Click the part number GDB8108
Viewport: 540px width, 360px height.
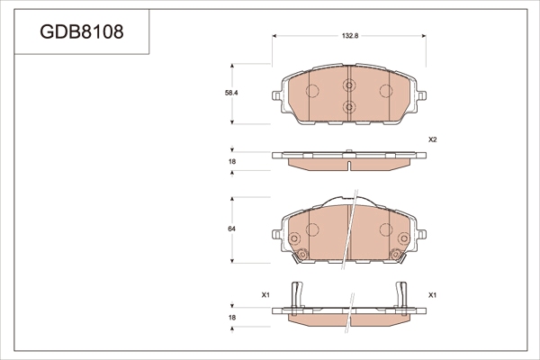coord(82,31)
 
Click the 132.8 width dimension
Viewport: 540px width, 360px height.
coord(350,36)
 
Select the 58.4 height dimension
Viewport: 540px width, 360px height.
coord(232,93)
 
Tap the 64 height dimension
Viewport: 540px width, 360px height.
coord(232,229)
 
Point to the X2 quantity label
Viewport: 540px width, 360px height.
coord(433,139)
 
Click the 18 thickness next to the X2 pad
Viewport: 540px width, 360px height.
coord(232,161)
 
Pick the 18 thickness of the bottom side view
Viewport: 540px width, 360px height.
coord(232,318)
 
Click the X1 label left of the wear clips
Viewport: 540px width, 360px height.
coord(265,295)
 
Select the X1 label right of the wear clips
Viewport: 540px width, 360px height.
coord(433,295)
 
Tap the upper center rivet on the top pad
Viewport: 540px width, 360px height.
coord(349,85)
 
